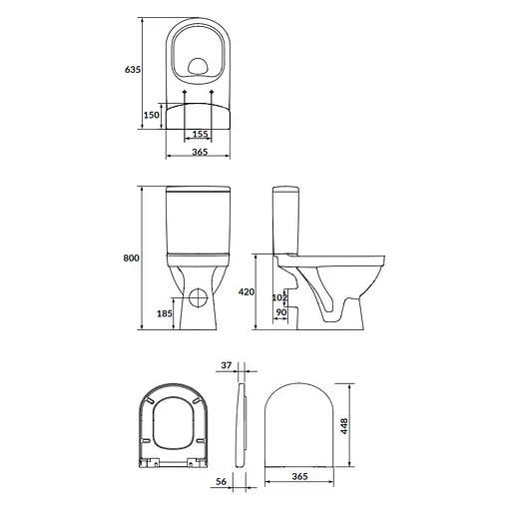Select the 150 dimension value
pos(150,115)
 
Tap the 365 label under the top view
pos(199,152)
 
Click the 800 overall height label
pos(131,258)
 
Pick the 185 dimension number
pos(165,313)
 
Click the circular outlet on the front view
pos(198,295)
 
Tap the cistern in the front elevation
pos(198,222)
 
